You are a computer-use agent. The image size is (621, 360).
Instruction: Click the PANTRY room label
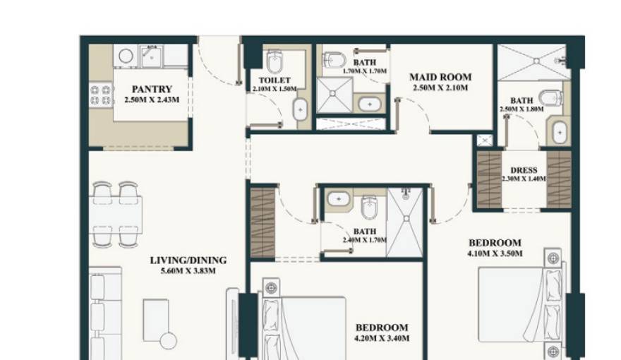pyautogui.click(x=152, y=89)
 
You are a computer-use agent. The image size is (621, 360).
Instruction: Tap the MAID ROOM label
pyautogui.click(x=440, y=77)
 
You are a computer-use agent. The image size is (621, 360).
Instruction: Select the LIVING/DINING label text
pyautogui.click(x=188, y=260)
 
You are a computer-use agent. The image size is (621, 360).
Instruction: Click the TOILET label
pyautogui.click(x=275, y=80)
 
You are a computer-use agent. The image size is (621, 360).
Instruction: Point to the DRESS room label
pyautogui.click(x=524, y=170)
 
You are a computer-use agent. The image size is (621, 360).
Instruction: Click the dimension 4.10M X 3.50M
pyautogui.click(x=495, y=253)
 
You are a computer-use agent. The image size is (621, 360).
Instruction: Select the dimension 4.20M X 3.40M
pyautogui.click(x=382, y=338)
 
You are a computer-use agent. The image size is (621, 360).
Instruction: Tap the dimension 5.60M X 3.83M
pyautogui.click(x=188, y=271)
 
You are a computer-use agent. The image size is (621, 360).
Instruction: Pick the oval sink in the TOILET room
pyautogui.click(x=300, y=109)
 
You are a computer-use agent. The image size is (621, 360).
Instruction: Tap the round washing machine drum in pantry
pyautogui.click(x=126, y=56)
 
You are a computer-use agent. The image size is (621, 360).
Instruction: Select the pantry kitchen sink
pyautogui.click(x=151, y=56)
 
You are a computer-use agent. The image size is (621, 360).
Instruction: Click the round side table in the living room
pyautogui.click(x=168, y=342)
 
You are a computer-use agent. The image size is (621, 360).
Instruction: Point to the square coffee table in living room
pyautogui.click(x=156, y=320)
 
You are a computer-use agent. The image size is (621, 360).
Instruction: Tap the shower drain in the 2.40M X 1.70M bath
pyautogui.click(x=406, y=218)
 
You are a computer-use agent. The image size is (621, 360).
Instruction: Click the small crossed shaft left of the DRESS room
pyautogui.click(x=484, y=140)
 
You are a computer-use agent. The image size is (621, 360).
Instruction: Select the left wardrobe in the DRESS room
pyautogui.click(x=489, y=179)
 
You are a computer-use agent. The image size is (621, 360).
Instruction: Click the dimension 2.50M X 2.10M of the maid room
pyautogui.click(x=440, y=88)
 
